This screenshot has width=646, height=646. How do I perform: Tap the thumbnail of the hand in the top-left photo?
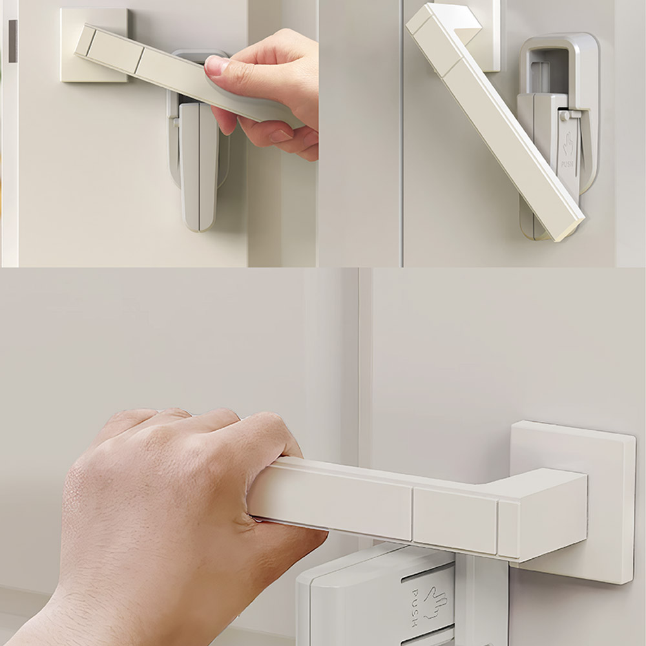[216, 65]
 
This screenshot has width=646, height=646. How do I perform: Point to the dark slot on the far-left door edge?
[13, 41]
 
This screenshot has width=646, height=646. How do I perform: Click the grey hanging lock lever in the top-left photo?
[198, 167]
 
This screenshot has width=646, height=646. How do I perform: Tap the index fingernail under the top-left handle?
[281, 136]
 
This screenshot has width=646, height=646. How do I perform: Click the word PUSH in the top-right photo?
[567, 164]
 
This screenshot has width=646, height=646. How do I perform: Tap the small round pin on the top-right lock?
[564, 116]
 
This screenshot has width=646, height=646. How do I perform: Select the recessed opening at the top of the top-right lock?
[544, 70]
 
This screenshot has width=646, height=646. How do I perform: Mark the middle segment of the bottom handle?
[455, 521]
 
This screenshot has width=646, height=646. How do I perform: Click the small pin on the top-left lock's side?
[176, 122]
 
